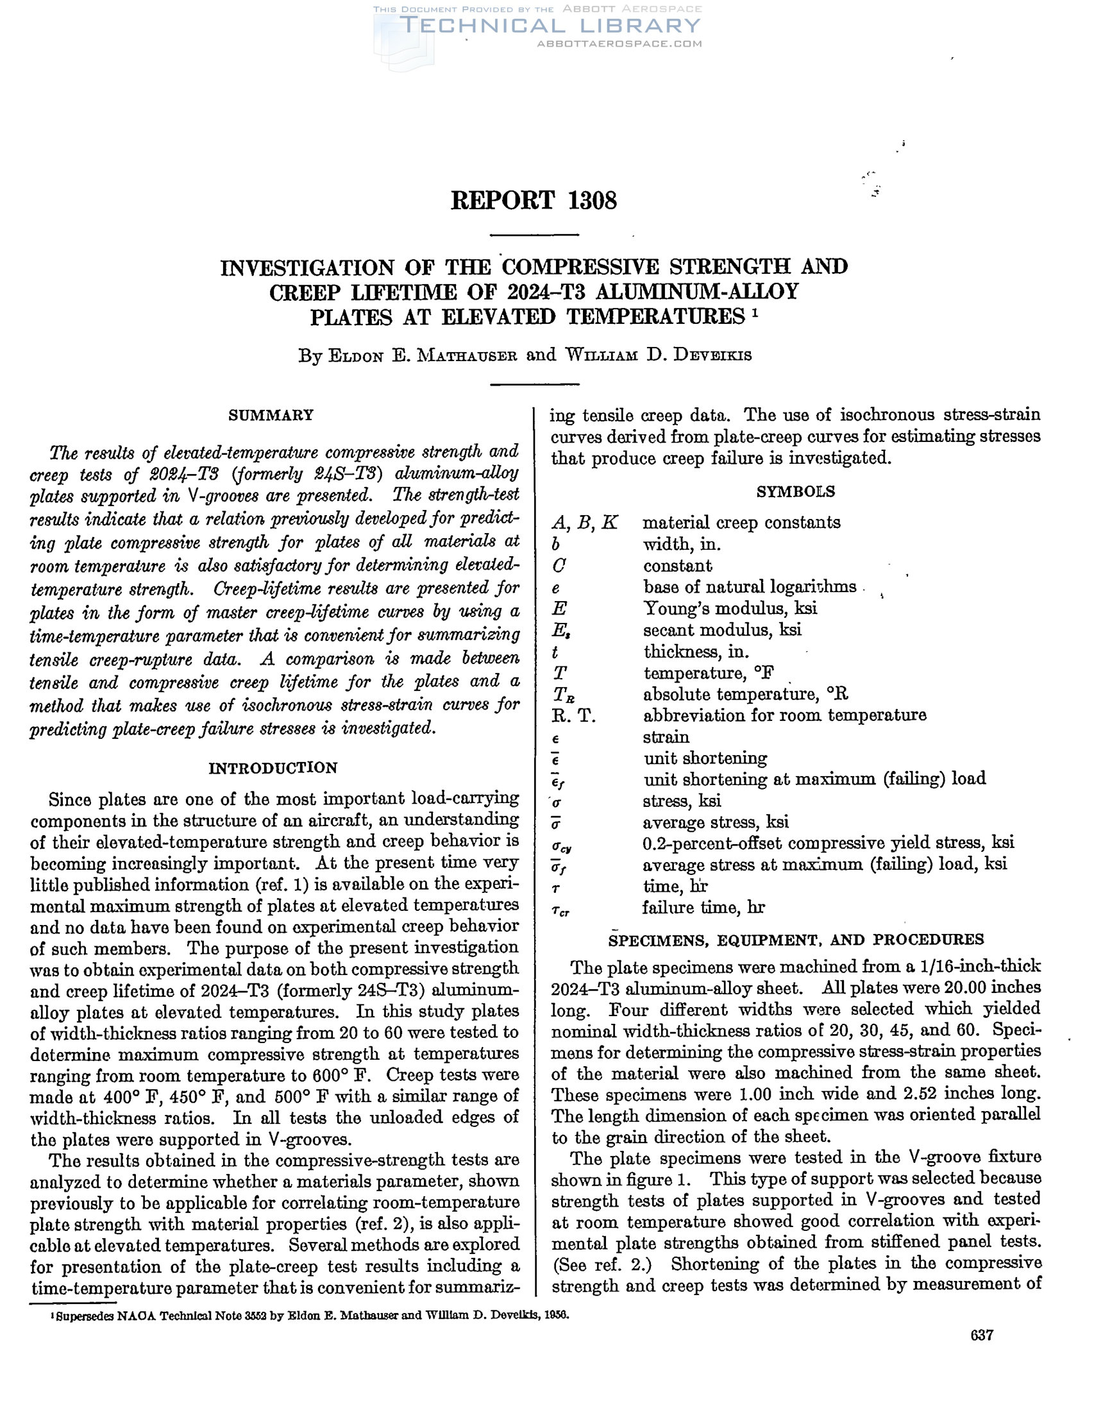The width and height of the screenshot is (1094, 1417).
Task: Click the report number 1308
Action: point(592,201)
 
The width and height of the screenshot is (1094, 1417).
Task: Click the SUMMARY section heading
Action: point(271,415)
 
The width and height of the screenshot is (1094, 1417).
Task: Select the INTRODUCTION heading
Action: point(273,768)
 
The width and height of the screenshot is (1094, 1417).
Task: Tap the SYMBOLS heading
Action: point(795,491)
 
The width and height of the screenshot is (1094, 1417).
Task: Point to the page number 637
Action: point(982,1335)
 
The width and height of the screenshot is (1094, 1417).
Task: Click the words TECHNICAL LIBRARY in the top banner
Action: point(550,26)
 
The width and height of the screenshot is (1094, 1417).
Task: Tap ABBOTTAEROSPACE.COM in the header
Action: point(619,44)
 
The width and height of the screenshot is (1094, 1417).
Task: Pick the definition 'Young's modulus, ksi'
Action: point(730,608)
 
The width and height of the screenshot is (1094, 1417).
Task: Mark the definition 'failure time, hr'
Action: point(703,907)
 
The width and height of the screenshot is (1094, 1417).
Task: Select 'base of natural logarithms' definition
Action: point(750,586)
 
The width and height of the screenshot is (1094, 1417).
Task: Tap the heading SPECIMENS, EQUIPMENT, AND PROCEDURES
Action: point(796,940)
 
